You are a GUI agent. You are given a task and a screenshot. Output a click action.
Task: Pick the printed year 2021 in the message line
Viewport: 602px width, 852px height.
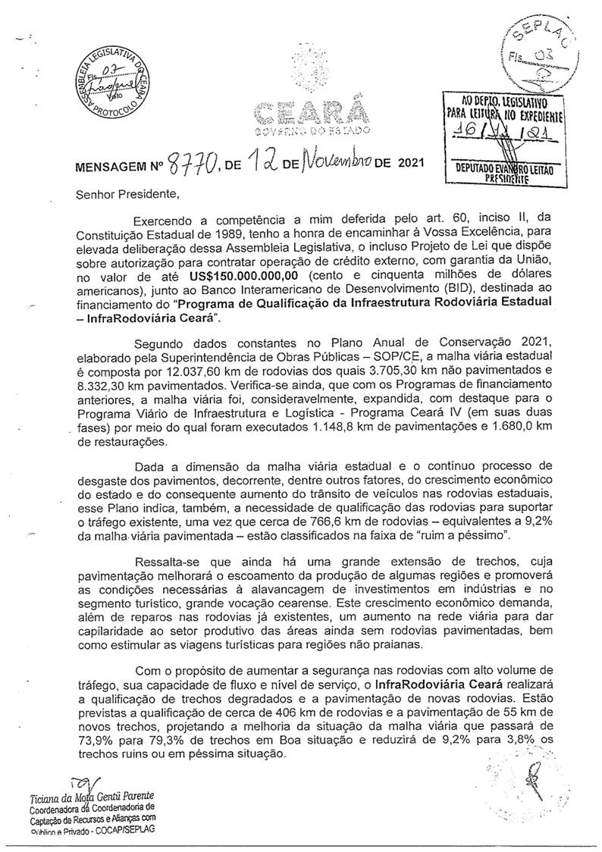tap(400, 161)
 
